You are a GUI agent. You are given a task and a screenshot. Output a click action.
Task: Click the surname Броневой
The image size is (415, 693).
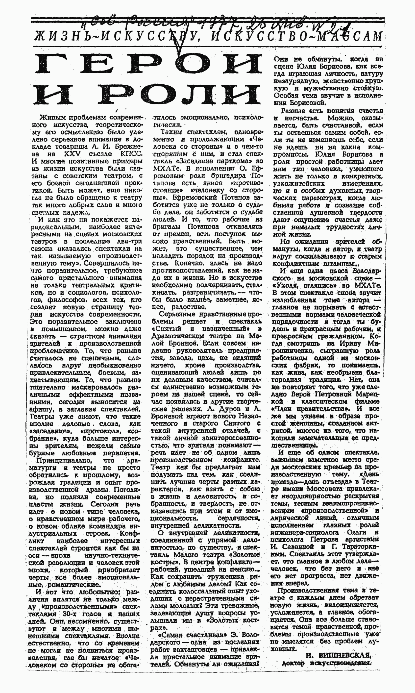[166, 416]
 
